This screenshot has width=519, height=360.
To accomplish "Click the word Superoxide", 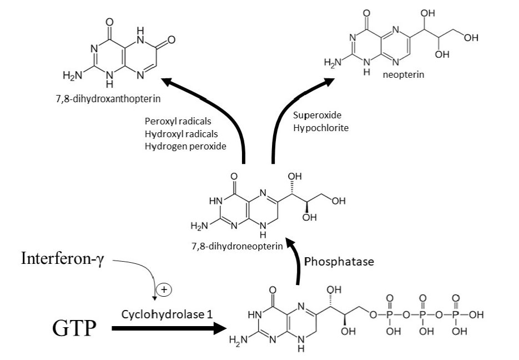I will coord(317,115).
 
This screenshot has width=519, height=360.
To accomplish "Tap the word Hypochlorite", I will coord(321,127).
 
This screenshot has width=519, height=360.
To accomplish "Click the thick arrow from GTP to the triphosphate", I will coord(167,328).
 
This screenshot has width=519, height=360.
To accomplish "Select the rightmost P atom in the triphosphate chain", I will coord(456,316).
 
